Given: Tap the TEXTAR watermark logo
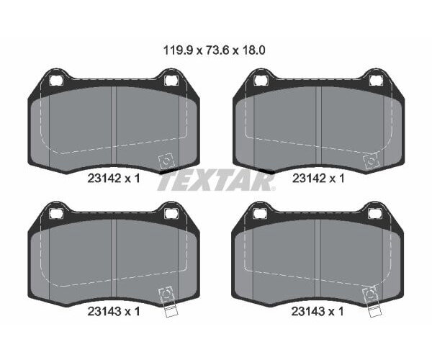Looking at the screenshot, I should [215, 181].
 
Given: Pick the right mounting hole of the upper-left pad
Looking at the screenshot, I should [171, 80].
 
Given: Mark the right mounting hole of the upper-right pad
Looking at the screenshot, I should [376, 80].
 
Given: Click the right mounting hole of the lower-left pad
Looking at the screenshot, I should [171, 213].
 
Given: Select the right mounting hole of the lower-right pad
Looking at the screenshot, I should [376, 213].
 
